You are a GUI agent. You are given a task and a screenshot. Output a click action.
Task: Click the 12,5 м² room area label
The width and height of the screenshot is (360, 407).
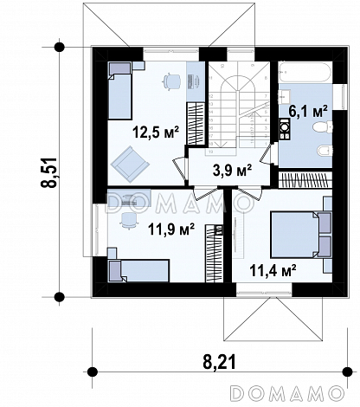tap(156, 132)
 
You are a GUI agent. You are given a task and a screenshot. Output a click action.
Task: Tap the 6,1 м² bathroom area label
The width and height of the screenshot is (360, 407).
tap(308, 111)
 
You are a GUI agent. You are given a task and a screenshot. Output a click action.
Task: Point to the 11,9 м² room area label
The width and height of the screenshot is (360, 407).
tap(171, 229)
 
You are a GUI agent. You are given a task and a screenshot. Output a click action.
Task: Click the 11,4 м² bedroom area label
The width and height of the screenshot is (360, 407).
tap(273, 270)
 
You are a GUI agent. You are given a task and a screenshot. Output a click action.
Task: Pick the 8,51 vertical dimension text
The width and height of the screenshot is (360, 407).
tap(49, 172)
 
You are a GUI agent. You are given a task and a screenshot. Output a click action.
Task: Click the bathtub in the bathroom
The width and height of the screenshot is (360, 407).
tap(305, 72)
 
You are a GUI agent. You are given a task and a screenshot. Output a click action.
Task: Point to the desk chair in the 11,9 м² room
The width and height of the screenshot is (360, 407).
tap(129, 221)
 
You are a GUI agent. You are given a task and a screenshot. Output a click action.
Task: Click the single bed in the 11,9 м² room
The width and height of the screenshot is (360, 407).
tap(138, 270)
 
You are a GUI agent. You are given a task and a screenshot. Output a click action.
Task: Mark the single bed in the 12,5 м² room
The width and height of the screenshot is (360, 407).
tap(119, 91)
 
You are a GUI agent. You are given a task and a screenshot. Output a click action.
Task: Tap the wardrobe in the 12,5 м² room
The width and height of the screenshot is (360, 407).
tap(196, 124)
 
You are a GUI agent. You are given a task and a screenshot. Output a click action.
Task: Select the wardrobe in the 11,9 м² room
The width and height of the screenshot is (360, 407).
tap(215, 254)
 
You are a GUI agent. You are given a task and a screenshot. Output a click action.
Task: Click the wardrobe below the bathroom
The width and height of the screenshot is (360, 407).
tap(305, 179)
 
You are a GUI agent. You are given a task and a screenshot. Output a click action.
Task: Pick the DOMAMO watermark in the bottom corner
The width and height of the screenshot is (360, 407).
tap(288, 393)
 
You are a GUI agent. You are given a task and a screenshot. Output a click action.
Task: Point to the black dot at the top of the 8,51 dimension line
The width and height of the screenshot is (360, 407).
tap(60, 47)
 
